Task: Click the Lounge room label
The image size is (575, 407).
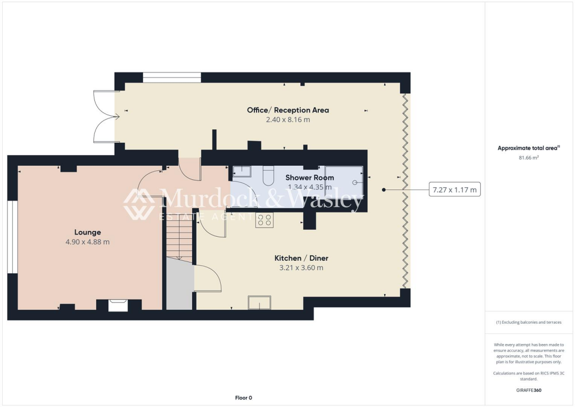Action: point(88,232)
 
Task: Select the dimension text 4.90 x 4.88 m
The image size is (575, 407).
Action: point(88,242)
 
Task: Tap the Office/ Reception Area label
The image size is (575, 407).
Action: point(287,110)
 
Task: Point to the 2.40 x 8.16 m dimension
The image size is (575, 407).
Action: point(287,120)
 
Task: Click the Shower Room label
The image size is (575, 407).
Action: point(309,178)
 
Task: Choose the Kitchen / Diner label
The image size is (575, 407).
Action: point(301,258)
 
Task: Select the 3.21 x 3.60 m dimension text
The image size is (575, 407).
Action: point(301,268)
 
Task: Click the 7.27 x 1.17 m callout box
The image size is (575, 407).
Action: point(454,190)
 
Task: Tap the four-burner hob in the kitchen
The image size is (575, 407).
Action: point(264,220)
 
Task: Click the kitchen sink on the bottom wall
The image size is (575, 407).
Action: point(259,302)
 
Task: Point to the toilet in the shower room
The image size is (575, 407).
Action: point(267,175)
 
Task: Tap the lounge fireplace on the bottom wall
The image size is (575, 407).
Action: point(118,304)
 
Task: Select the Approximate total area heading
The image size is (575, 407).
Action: point(527,148)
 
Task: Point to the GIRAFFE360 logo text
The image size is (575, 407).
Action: point(529,390)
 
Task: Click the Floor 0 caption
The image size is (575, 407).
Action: point(243,398)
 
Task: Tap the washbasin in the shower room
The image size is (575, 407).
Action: point(242,171)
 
